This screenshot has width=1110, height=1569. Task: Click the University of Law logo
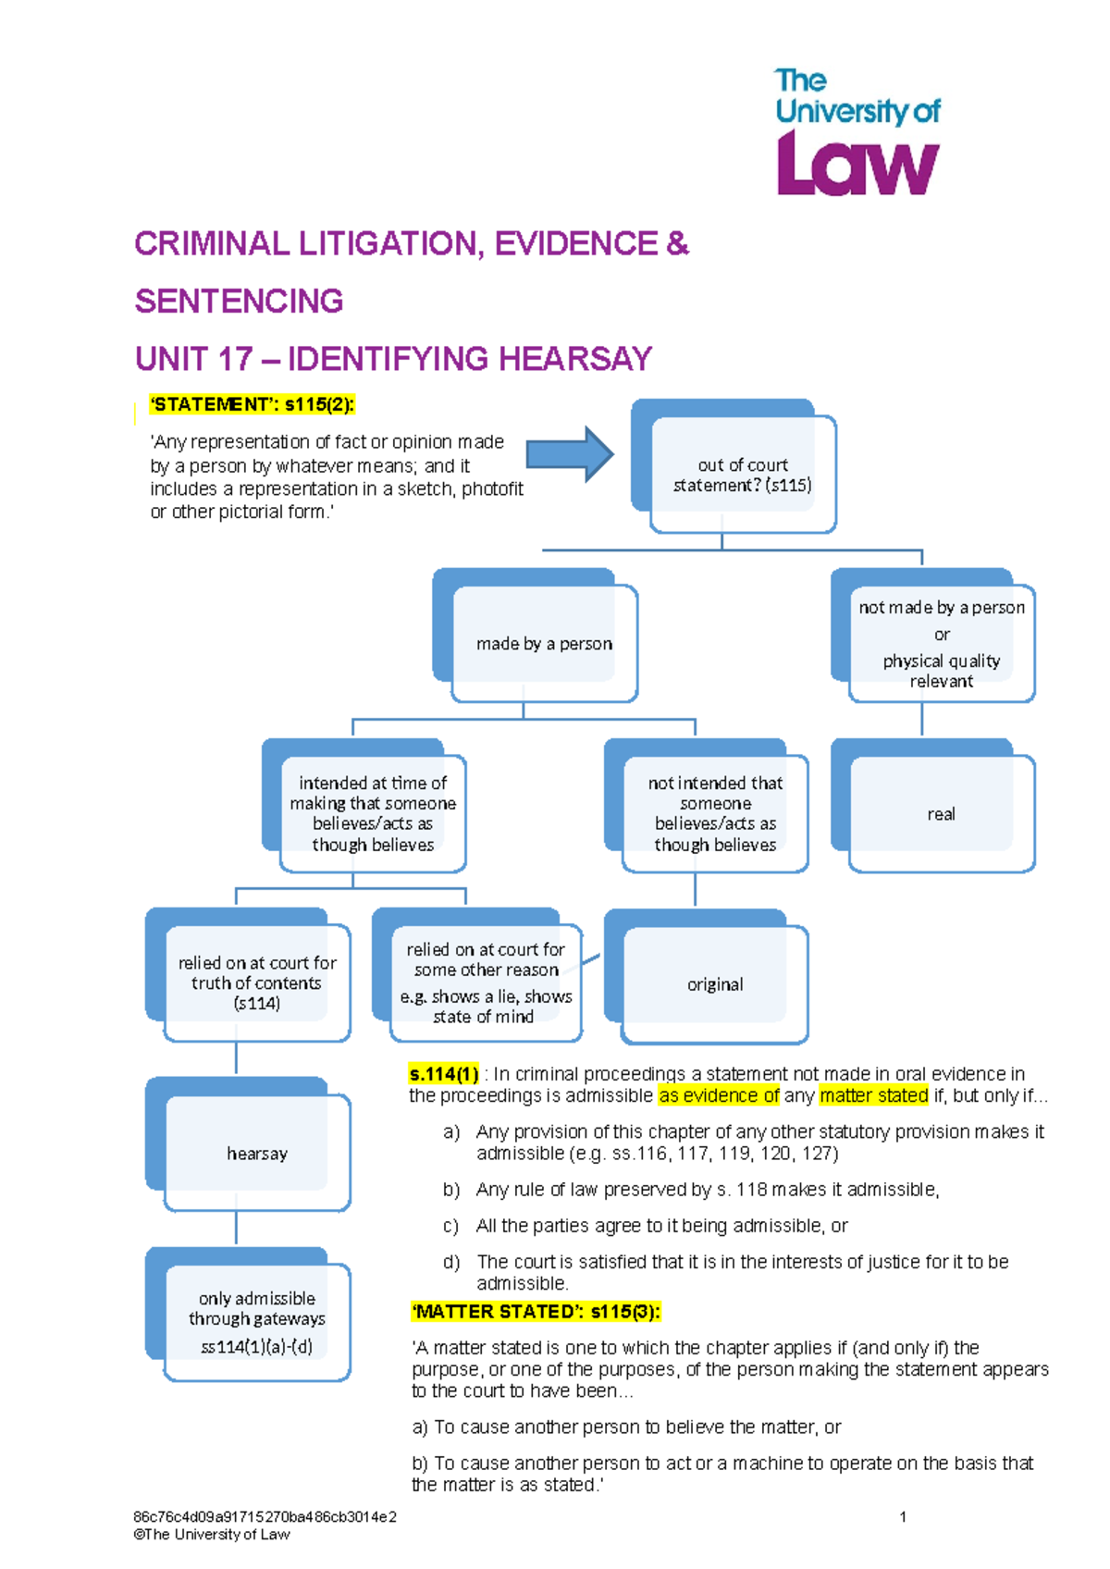(857, 132)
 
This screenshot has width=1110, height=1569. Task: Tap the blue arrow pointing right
(569, 454)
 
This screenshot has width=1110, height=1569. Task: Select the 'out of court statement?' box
(743, 475)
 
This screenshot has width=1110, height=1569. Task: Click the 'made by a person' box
(544, 644)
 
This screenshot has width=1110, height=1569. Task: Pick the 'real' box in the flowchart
(941, 814)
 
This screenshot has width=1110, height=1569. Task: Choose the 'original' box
(715, 984)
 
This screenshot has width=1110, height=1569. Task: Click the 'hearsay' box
(257, 1154)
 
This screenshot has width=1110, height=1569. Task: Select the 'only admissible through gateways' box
(257, 1322)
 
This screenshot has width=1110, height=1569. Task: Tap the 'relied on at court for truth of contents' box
(257, 982)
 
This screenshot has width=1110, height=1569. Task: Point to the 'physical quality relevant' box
(941, 644)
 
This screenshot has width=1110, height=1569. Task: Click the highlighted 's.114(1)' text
(444, 1074)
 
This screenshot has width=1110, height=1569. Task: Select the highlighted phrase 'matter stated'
(873, 1096)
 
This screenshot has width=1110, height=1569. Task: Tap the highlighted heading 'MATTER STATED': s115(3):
(536, 1312)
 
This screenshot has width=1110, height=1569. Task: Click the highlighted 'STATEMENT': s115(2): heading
(252, 404)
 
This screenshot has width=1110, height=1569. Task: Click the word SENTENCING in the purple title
(240, 302)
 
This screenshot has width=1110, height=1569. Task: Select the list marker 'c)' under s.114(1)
(450, 1226)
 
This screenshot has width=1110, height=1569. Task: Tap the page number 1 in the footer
(903, 1516)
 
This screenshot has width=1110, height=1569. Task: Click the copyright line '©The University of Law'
(212, 1535)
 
